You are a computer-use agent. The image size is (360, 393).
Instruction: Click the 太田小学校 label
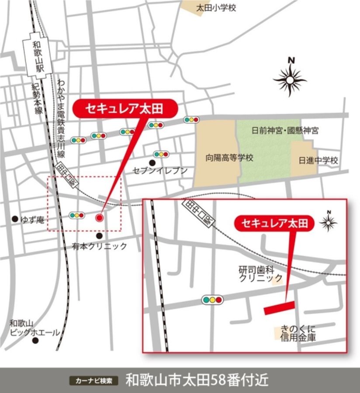(216, 8)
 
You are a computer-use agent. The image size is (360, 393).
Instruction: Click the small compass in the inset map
(328, 222)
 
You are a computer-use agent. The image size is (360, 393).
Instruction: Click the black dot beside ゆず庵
(15, 218)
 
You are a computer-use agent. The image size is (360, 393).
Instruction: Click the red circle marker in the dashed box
(99, 217)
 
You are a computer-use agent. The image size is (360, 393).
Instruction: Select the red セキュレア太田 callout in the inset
(274, 224)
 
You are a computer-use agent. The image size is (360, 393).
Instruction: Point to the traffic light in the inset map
(212, 300)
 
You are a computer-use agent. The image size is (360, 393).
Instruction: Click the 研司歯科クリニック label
(260, 273)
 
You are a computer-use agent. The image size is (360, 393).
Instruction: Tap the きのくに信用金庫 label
(299, 333)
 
